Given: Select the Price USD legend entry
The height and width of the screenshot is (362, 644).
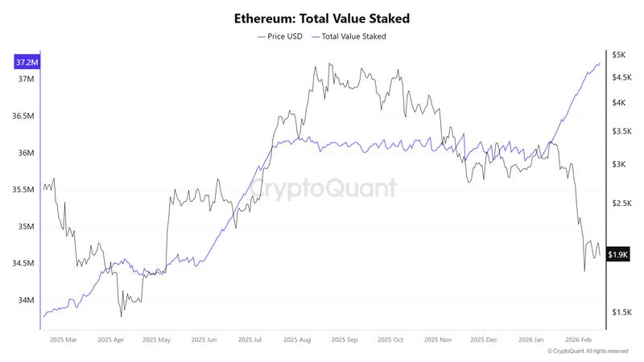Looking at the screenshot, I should click(x=279, y=36).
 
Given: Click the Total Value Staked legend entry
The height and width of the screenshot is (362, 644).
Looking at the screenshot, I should click(x=349, y=36).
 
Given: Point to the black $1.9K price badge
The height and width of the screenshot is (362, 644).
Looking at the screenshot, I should click(x=618, y=254).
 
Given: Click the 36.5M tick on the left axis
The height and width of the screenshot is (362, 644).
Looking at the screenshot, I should click(x=24, y=116).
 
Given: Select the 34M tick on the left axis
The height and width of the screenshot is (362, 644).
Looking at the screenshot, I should click(x=26, y=300).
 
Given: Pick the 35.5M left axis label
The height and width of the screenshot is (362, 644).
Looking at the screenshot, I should click(x=24, y=190).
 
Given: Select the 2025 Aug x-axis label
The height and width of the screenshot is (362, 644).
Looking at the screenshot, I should click(x=298, y=340).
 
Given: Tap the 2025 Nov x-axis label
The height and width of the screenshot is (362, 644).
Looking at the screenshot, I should click(x=440, y=340).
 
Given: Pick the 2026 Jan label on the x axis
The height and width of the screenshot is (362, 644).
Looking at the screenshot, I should click(x=532, y=340).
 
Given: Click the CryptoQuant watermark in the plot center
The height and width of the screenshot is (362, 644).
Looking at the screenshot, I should click(x=322, y=188).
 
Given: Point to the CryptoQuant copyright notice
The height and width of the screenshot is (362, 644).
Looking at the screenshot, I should click(x=587, y=352).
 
